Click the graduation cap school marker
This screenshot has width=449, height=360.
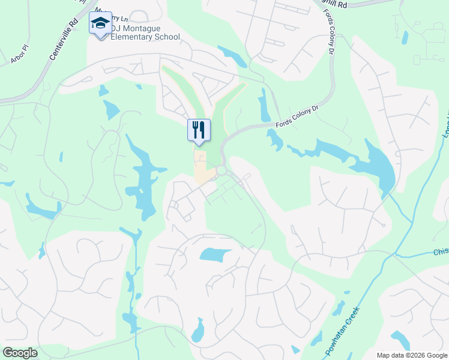pyautogui.click(x=100, y=23)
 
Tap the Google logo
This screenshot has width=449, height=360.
pyautogui.click(x=20, y=353)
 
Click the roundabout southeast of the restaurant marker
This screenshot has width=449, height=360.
pyautogui.click(x=221, y=172)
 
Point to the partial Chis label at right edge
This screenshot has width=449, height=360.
pyautogui.click(x=441, y=253)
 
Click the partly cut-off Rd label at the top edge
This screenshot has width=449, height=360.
pyautogui.click(x=340, y=4)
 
